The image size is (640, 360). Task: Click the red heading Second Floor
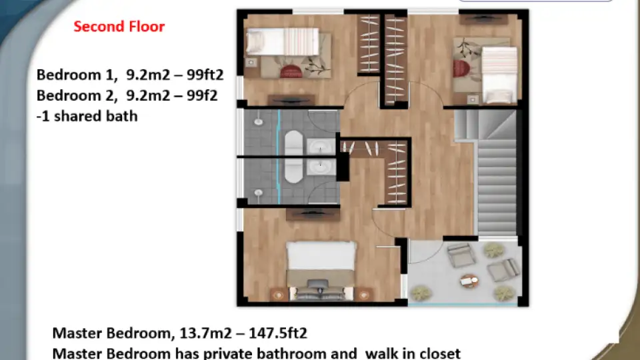pos(119,27)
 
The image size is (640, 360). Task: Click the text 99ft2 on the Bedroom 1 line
pos(205,75)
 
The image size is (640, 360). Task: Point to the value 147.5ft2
pos(277,333)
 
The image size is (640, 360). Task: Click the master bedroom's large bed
pos(321,270)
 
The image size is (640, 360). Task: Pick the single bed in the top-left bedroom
pos(283,41)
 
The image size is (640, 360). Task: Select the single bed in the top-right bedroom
pos(499,75)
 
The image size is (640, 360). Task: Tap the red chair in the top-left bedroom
pos(291,71)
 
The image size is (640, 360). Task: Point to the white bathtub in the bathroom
pos(293,157)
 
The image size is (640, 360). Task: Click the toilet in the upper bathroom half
pos(259,121)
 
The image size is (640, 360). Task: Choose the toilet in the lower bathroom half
pos(259,193)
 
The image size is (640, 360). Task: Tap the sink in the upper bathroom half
pos(321,146)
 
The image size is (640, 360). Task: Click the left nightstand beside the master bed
pos(279,295)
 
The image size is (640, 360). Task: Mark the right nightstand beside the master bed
pos(363,295)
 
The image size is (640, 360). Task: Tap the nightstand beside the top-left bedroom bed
pos(251,63)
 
